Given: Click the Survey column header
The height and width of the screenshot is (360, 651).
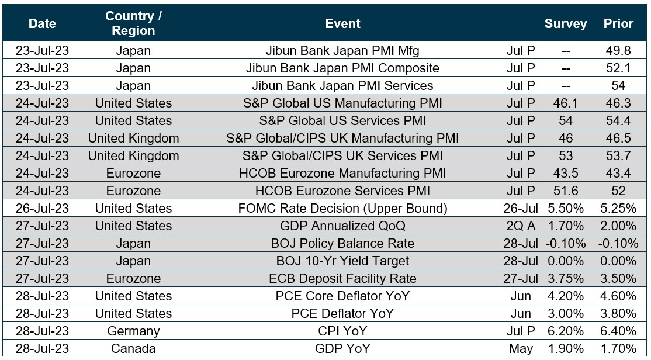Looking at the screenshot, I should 565,24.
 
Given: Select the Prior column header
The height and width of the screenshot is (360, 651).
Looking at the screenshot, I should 618,24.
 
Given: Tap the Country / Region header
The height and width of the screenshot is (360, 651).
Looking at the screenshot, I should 133,24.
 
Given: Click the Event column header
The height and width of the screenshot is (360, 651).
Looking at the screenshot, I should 342,24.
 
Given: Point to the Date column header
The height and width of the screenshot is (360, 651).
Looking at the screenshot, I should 42,24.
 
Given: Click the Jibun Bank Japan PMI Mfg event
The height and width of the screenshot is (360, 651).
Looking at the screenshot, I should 342,51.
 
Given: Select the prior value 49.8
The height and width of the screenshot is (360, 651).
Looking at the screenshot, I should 618,51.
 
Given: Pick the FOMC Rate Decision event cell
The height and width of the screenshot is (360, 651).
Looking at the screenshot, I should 342,209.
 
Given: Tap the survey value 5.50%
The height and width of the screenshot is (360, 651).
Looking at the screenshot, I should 565,209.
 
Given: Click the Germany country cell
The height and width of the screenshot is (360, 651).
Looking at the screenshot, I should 133,331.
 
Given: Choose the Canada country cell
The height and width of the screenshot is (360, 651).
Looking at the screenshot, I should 133,349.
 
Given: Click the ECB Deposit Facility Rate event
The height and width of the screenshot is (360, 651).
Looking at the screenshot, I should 342,279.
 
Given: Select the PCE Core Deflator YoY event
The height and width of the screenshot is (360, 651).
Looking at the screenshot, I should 342,296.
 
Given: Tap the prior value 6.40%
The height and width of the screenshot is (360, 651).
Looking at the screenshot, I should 618,331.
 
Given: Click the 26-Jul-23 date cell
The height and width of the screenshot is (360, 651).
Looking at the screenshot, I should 42,209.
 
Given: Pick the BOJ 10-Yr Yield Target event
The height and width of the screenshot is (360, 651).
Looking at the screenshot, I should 342,261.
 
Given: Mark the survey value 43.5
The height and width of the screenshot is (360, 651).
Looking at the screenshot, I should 565,174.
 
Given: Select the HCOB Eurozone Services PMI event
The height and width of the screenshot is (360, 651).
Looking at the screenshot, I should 342,191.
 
